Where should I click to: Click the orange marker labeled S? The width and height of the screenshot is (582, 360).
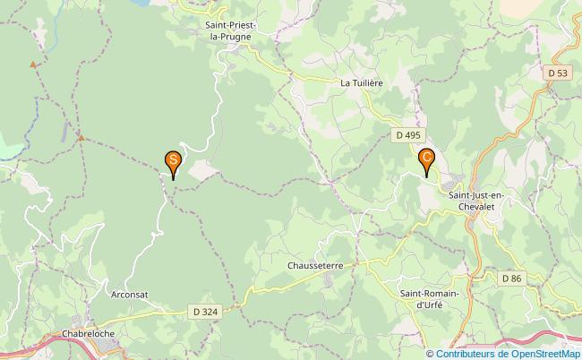pyautogui.click(x=173, y=162)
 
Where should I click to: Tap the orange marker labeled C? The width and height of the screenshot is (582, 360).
pyautogui.click(x=427, y=159)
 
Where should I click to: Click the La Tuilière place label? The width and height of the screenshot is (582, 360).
pyautogui.click(x=362, y=82)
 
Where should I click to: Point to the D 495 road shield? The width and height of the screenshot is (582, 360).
pyautogui.click(x=407, y=135)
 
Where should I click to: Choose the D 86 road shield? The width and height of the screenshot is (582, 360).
pyautogui.click(x=511, y=279)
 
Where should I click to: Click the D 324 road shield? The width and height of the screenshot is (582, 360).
pyautogui.click(x=203, y=312)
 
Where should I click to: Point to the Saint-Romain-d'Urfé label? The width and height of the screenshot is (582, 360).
pyautogui.click(x=430, y=299)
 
